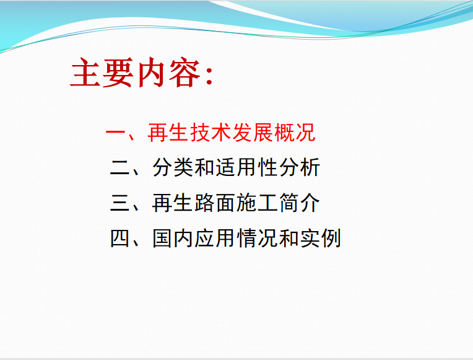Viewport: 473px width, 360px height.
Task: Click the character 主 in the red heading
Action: tap(85, 72)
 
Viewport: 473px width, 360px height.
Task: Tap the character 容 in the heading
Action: tap(184, 72)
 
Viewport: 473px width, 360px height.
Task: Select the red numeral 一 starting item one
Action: tap(116, 132)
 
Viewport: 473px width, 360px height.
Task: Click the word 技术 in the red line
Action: tap(211, 132)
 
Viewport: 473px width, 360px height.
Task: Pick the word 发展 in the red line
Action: tap(253, 132)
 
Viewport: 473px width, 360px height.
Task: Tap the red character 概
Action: tap(284, 132)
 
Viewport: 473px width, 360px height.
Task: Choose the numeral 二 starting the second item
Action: tap(119, 168)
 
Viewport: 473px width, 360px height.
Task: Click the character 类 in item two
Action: tap(184, 168)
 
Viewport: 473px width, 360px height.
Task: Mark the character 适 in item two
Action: tap(226, 168)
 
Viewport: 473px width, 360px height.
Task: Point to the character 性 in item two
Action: tap(268, 168)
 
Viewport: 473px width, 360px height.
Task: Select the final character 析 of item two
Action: tap(310, 168)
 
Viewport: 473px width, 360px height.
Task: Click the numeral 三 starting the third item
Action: tap(119, 203)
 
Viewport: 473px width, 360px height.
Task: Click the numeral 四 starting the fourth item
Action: tap(119, 239)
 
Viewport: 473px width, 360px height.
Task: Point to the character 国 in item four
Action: tap(163, 239)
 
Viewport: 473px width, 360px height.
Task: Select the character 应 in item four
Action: tap(205, 239)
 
